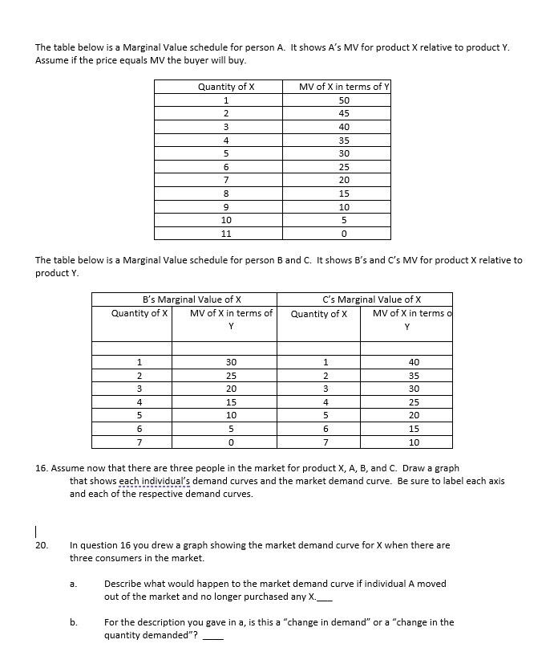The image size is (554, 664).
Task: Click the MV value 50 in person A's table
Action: (x=344, y=100)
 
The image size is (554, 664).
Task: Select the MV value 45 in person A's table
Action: (x=344, y=113)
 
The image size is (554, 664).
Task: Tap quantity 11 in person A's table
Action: (x=226, y=234)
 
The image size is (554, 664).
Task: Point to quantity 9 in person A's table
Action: (x=226, y=207)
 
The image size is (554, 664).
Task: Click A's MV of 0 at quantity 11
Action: (x=344, y=234)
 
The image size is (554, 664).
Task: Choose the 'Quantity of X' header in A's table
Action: (x=226, y=87)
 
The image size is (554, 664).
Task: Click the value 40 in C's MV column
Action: (x=413, y=362)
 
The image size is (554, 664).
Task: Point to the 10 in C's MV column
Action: (x=413, y=442)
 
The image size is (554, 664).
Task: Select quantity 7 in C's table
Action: (x=326, y=442)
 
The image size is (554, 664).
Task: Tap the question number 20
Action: (x=42, y=545)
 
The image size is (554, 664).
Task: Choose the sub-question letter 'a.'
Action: (x=73, y=584)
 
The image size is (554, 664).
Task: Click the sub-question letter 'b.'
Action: (x=73, y=622)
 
